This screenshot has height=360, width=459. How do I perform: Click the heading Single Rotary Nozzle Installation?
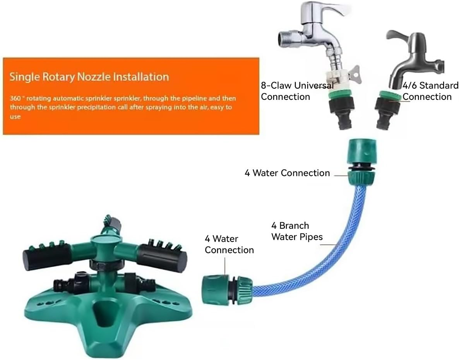(89, 76)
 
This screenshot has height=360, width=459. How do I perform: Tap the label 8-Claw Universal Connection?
(297, 91)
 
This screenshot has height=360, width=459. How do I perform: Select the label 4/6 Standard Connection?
(430, 91)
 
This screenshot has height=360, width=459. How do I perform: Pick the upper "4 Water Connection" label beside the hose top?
(287, 173)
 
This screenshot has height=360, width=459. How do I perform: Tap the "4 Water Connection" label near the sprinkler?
(229, 244)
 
